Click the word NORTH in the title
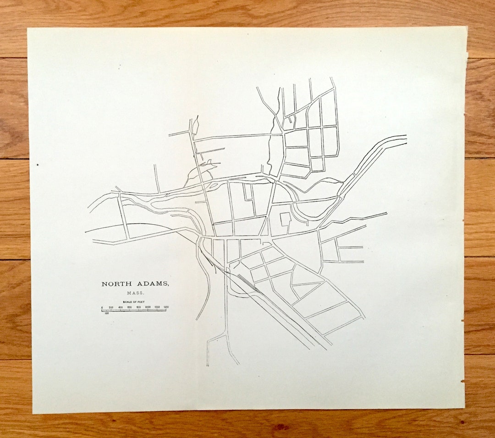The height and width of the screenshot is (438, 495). (116, 284)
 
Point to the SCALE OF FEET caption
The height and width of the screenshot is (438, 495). (134, 302)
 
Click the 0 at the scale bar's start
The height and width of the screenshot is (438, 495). (102, 307)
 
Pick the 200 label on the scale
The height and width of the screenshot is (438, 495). (111, 307)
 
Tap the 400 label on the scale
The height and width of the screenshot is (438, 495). (120, 307)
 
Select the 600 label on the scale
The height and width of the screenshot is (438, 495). (129, 307)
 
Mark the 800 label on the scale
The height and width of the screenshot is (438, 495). (138, 307)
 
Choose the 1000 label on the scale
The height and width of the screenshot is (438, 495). (148, 307)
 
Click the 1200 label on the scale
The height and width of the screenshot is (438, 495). (157, 307)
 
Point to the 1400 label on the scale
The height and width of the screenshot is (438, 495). (166, 307)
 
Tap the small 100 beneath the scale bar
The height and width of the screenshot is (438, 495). (107, 314)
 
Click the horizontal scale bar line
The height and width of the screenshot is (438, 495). (134, 310)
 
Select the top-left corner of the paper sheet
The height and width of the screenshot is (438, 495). (27, 28)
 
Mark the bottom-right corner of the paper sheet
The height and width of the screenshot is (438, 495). (464, 408)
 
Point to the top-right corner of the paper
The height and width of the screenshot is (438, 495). (467, 27)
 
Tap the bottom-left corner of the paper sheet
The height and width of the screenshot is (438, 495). (33, 413)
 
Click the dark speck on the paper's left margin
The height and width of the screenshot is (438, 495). (37, 164)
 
